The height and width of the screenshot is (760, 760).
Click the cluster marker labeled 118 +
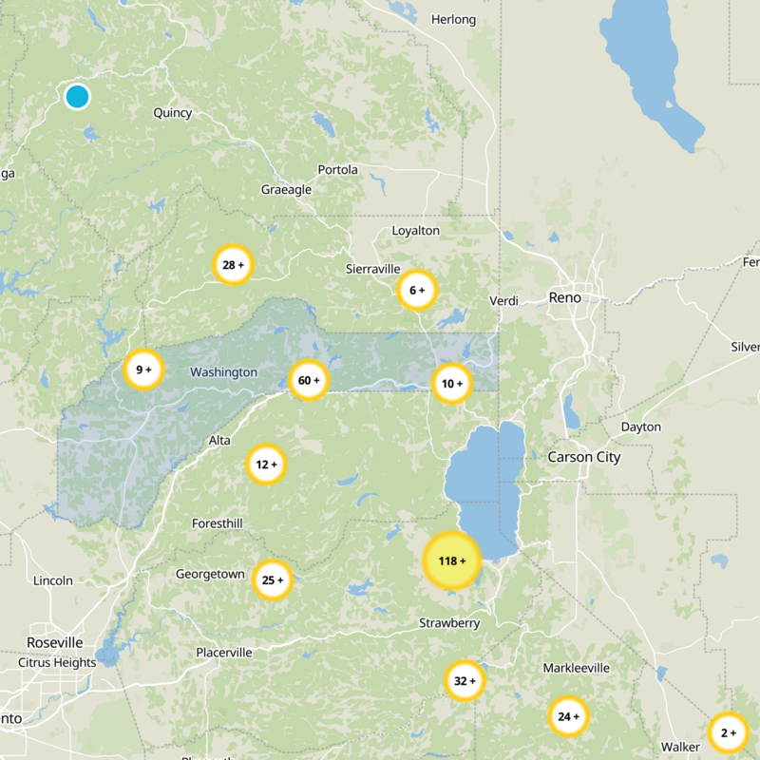(x=451, y=560)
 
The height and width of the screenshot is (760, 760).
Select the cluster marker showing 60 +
(x=309, y=381)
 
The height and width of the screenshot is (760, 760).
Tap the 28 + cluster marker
(x=233, y=265)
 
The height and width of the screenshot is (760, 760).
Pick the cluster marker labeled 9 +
(x=143, y=370)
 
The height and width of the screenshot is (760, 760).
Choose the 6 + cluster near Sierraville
(x=416, y=290)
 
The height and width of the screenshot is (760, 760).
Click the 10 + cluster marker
(x=452, y=384)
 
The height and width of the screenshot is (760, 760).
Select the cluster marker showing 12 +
(x=266, y=465)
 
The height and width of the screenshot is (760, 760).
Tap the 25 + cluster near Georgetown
(x=273, y=579)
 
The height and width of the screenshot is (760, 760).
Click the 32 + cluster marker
(x=465, y=680)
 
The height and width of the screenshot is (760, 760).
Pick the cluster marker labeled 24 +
(x=568, y=716)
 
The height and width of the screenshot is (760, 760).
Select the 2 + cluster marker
(x=729, y=732)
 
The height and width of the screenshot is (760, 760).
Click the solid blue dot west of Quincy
(x=77, y=96)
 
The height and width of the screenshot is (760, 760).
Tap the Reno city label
(x=564, y=298)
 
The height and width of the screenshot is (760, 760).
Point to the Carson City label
(x=583, y=457)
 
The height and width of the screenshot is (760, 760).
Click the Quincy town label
(x=173, y=113)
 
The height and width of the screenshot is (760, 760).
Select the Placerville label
(x=224, y=653)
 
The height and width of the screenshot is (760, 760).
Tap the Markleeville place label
(x=576, y=669)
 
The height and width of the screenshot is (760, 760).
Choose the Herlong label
(x=452, y=19)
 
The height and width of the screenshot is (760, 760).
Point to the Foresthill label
(x=218, y=523)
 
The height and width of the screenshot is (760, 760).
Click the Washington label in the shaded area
(x=223, y=372)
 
